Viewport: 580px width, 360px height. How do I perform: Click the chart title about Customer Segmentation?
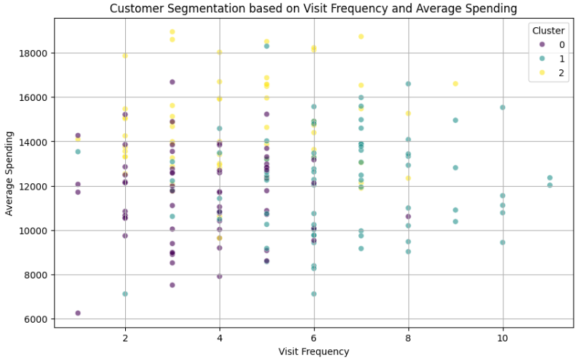(x=313, y=9)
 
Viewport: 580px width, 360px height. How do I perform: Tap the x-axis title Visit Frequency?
(x=313, y=351)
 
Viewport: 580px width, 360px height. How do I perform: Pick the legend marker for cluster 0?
(x=535, y=44)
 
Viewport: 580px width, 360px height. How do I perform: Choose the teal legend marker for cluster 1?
(x=535, y=59)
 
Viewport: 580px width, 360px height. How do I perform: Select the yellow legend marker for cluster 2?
(x=535, y=73)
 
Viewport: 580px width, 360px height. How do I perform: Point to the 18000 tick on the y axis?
(x=33, y=53)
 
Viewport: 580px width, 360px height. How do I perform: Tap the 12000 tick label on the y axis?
(x=33, y=186)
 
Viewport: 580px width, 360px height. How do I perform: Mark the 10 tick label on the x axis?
(x=502, y=336)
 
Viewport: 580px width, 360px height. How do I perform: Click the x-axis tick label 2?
(x=125, y=336)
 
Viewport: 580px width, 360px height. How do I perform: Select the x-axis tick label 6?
(x=313, y=336)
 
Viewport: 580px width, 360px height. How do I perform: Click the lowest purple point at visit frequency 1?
(x=78, y=313)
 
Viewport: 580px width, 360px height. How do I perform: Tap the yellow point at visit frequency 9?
(x=455, y=84)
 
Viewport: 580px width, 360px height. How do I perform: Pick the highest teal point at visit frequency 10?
(x=502, y=107)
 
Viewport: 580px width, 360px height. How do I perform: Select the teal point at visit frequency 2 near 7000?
(x=125, y=294)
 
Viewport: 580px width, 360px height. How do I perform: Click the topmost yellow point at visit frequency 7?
(x=361, y=37)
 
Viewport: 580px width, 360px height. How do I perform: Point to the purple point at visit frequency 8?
(x=408, y=216)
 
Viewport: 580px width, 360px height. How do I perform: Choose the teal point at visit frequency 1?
(x=78, y=152)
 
